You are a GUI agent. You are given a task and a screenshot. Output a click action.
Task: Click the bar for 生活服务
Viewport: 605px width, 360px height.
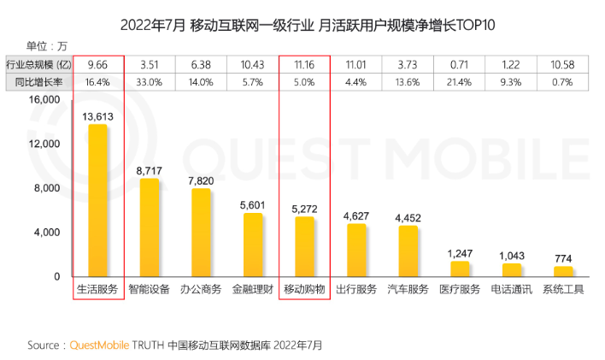(x=97, y=201)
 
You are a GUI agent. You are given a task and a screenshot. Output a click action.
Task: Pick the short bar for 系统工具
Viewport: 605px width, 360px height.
(x=563, y=271)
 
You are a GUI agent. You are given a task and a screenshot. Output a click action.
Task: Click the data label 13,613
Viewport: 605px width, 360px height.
(x=97, y=115)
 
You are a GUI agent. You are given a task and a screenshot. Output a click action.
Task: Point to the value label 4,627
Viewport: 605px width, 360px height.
(x=356, y=215)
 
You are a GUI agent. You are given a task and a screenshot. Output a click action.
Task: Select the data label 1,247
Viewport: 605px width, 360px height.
(x=460, y=253)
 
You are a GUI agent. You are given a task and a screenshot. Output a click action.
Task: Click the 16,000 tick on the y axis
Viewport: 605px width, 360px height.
(x=44, y=99)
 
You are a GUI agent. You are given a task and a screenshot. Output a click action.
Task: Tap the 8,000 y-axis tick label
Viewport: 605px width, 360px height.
(x=47, y=188)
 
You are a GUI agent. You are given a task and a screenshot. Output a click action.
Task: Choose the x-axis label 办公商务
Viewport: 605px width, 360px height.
(x=202, y=290)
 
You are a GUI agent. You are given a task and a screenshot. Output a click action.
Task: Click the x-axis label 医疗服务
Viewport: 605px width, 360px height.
(x=460, y=290)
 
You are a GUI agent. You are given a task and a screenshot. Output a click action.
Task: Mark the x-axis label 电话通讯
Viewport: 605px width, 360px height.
(x=511, y=290)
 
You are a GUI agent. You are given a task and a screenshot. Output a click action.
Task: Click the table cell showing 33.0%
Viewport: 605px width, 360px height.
(x=150, y=81)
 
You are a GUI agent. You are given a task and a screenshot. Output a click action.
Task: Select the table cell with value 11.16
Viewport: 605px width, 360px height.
(x=304, y=64)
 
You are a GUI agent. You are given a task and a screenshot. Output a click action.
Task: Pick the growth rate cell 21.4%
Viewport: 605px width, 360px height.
(x=460, y=81)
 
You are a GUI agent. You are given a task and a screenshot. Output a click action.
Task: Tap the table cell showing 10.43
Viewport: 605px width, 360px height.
(x=253, y=64)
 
